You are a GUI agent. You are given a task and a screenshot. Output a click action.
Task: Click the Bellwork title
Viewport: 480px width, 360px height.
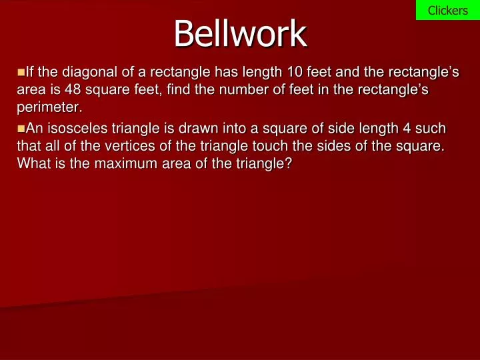240,33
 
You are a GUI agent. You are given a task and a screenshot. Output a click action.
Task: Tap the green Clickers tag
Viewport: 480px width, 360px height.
447,10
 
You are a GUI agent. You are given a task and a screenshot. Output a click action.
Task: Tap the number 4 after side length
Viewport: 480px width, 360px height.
407,128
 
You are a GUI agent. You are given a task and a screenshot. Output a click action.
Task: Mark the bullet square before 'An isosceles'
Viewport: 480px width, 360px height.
20,127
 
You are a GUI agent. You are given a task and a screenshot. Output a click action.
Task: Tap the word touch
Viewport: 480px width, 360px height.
265,145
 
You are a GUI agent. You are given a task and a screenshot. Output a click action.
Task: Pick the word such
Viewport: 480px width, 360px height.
431,128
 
